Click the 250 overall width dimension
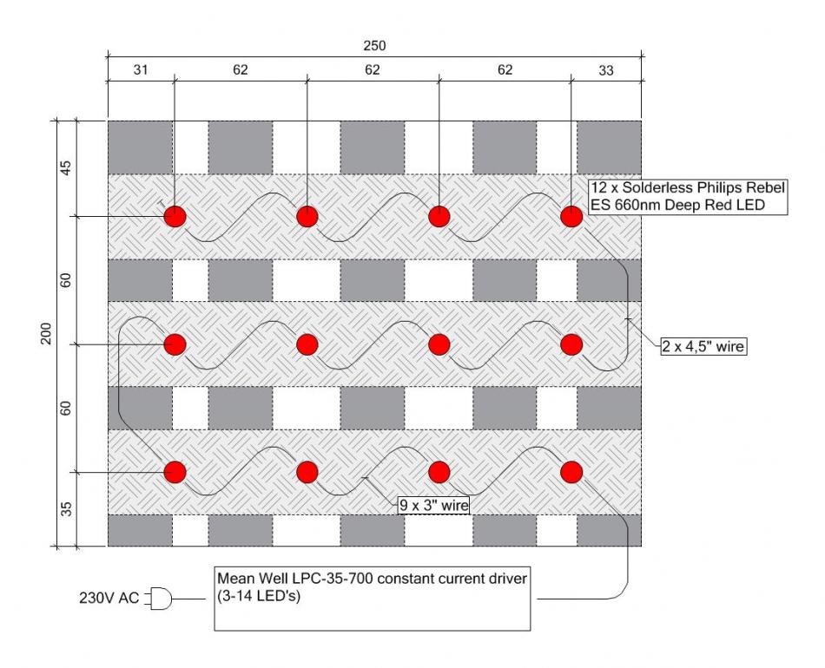(374, 46)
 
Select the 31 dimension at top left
(141, 70)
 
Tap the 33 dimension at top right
(606, 70)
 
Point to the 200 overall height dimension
(46, 334)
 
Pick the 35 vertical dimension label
(66, 508)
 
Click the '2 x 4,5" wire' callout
(703, 346)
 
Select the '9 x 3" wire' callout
(433, 505)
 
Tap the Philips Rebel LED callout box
(688, 197)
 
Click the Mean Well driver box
(372, 598)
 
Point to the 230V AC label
(109, 598)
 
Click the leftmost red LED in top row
(175, 217)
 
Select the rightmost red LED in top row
(571, 217)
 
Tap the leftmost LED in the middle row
(175, 344)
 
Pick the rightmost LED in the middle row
(571, 344)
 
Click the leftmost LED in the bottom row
(175, 472)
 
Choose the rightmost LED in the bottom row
(571, 472)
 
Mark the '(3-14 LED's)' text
(259, 597)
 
